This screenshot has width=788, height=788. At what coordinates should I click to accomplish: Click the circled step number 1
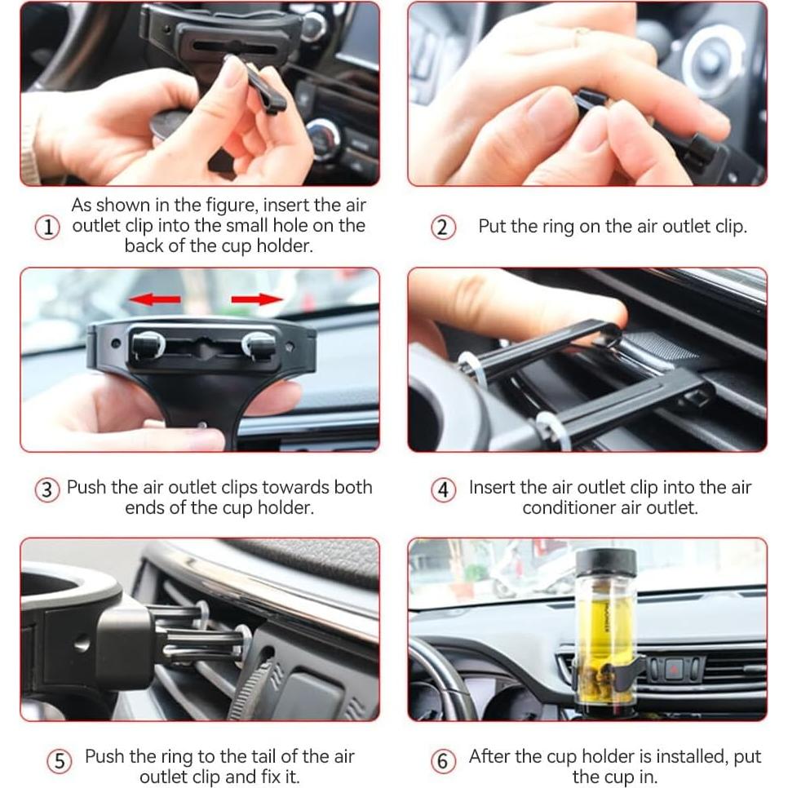[x=47, y=227]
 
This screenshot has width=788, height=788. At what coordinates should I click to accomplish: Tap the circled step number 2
[x=443, y=227]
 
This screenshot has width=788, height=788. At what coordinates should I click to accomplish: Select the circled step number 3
[x=47, y=489]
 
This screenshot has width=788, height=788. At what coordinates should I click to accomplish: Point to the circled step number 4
[x=443, y=489]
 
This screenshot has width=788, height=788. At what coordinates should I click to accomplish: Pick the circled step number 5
[x=60, y=761]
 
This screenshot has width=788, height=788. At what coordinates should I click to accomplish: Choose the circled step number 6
[x=443, y=761]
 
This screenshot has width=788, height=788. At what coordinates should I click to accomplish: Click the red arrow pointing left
[x=155, y=299]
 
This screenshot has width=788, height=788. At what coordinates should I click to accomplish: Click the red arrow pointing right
[x=257, y=299]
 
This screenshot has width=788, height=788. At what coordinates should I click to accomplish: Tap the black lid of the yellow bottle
[x=606, y=562]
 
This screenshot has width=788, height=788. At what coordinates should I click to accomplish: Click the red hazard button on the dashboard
[x=673, y=669]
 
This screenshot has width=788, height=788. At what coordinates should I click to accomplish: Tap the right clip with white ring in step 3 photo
[x=259, y=346]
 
